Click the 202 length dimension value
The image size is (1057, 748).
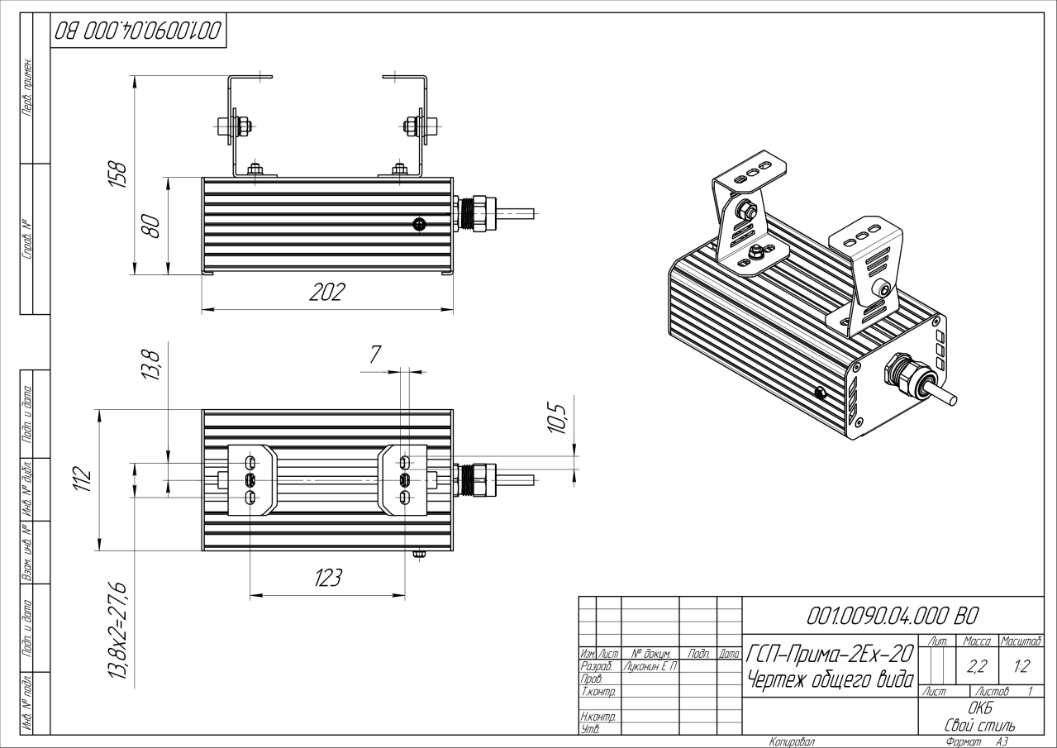327,293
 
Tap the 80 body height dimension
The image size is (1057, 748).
150,225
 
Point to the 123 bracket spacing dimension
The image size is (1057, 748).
328,578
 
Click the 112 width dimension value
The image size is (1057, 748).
82,479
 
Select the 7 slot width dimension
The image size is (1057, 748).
375,355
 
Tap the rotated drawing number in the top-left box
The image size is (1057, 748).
138,31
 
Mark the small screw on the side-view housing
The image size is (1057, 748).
420,224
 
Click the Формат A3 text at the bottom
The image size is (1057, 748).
976,742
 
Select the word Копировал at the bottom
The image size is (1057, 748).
791,742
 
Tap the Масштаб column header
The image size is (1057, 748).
1021,641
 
